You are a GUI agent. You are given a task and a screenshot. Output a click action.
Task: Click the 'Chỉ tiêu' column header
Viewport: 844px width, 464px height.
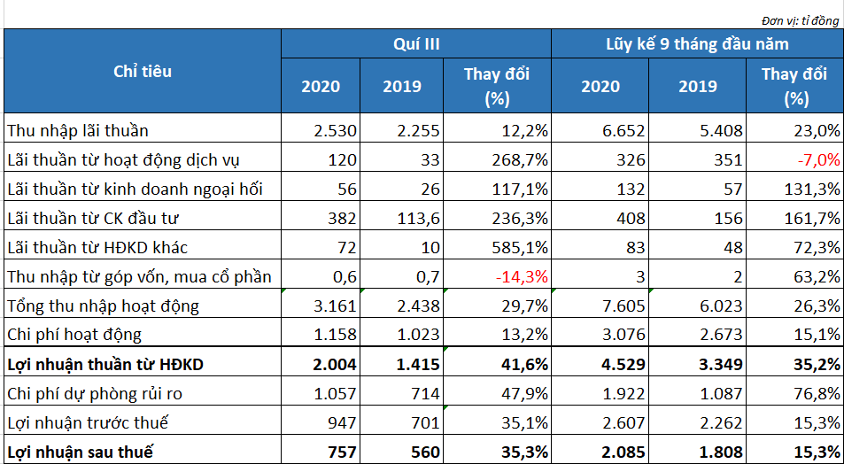(143, 72)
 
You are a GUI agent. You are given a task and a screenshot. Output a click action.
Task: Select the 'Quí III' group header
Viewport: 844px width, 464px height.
(416, 43)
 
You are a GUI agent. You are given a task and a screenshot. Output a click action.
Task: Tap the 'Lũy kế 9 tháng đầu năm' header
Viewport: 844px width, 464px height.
(698, 43)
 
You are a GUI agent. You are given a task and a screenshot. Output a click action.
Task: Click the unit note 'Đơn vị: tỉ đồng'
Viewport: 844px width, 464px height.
(800, 21)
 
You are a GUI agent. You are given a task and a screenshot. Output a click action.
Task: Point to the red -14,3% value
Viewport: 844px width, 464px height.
(521, 276)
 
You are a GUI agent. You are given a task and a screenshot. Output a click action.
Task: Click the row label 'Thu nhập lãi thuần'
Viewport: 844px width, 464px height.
(78, 130)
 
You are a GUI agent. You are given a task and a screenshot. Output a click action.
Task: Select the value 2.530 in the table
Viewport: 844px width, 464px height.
(336, 130)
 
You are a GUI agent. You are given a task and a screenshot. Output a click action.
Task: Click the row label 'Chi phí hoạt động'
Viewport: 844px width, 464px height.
(74, 336)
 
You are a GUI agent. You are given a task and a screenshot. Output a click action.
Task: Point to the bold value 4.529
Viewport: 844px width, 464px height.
(623, 365)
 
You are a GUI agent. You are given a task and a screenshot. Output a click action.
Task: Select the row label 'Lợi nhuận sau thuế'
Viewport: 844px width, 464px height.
(81, 451)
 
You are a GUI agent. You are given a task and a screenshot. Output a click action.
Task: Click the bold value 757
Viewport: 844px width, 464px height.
(342, 451)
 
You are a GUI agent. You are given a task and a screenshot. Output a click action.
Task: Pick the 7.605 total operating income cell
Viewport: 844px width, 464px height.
(623, 306)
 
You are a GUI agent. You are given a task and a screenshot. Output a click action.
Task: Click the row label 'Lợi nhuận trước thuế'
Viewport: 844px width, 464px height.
(88, 423)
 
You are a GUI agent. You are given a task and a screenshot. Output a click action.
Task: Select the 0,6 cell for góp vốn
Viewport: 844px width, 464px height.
(345, 276)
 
